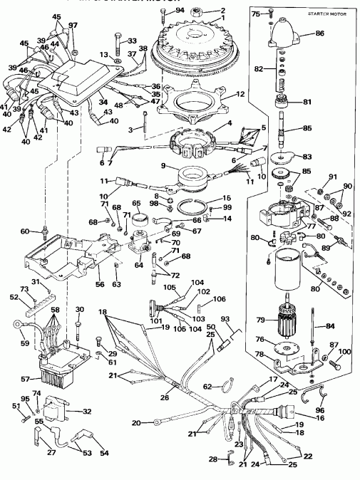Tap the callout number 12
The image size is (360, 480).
coord(240,94)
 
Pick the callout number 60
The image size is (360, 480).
coord(25,231)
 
